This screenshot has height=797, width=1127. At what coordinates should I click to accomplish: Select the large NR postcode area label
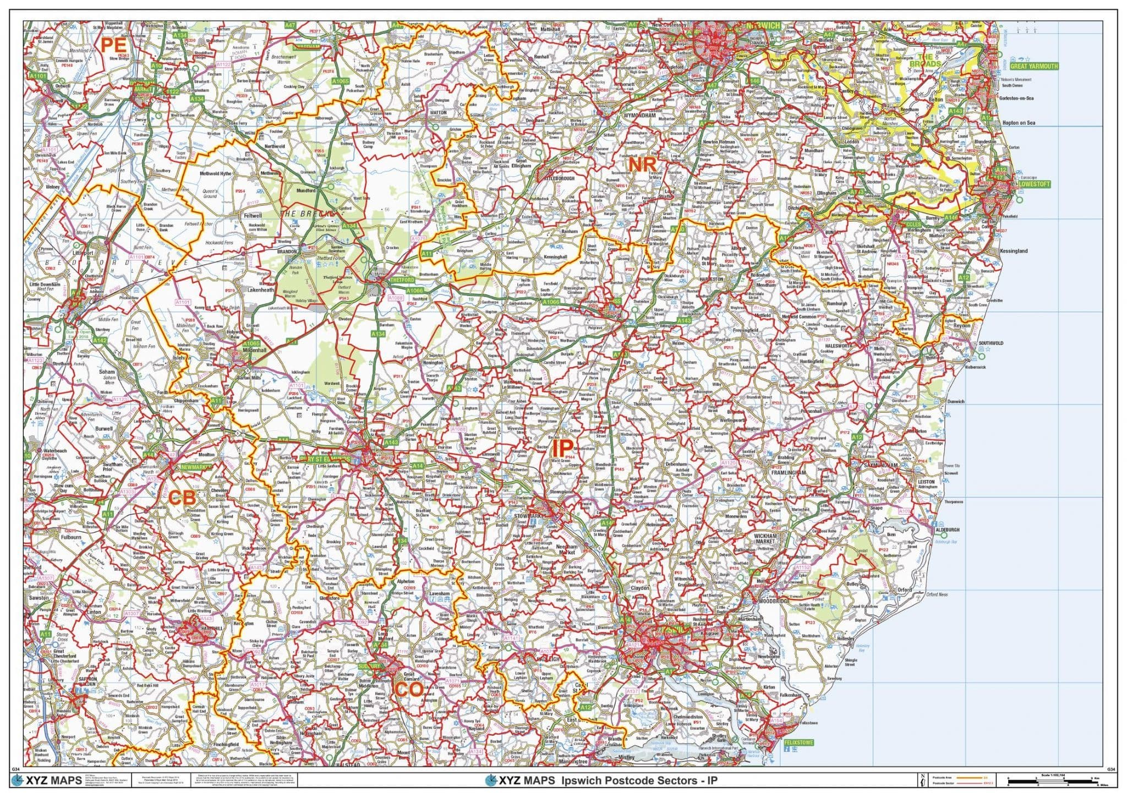click(642, 164)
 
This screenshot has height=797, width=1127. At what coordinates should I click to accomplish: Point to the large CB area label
click(182, 498)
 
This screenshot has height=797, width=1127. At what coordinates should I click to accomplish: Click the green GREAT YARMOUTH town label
click(1033, 66)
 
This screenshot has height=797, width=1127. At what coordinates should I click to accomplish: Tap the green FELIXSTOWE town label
click(798, 743)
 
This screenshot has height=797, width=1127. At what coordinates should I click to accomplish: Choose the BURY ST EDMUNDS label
click(325, 459)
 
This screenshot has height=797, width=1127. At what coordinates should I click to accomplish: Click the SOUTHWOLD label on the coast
click(991, 343)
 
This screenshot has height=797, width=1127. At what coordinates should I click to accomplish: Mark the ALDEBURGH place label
click(947, 530)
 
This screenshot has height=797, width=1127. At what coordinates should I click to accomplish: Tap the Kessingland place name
click(1013, 251)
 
